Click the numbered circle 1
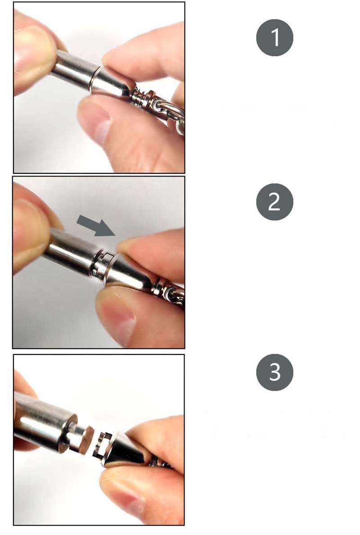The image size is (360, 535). coord(274,37)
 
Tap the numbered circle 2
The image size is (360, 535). coord(274,202)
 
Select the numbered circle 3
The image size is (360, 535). coord(274,372)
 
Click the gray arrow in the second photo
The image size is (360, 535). coord(96,225)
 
